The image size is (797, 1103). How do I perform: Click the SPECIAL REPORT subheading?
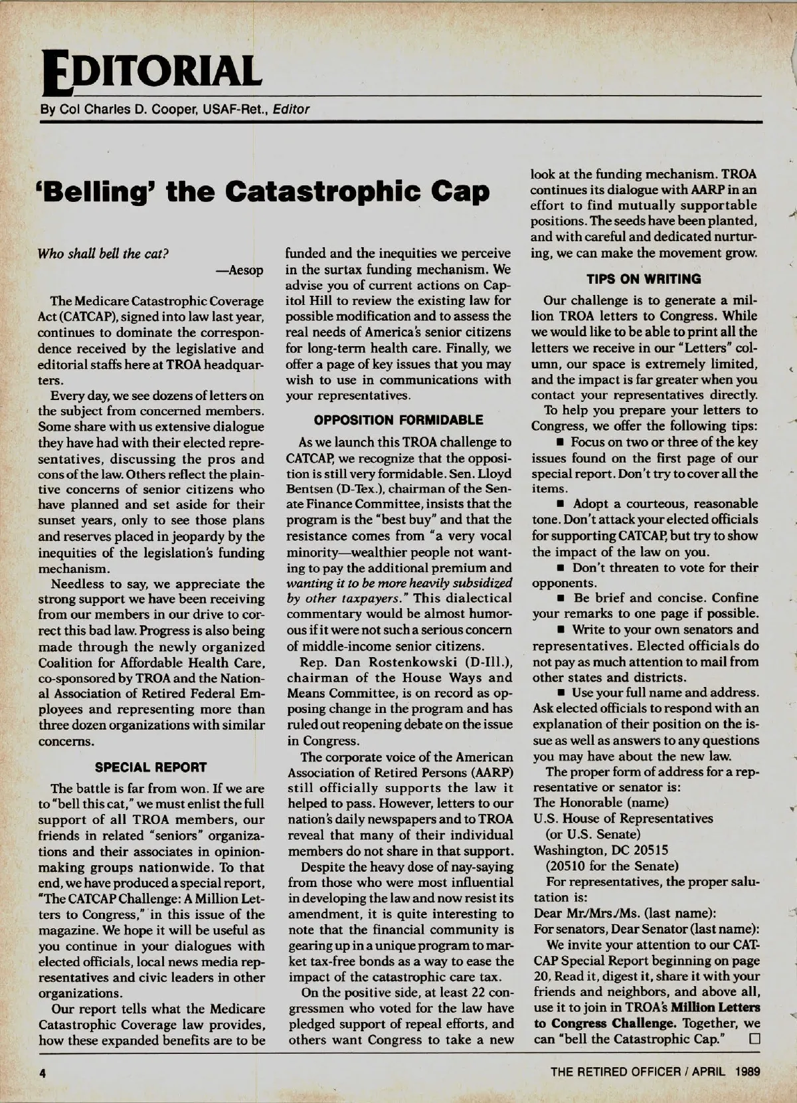click(x=151, y=767)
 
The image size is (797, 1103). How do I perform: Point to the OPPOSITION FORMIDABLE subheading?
click(x=398, y=420)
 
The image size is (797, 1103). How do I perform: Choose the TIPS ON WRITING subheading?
click(x=644, y=279)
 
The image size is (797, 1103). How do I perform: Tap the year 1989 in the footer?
click(x=747, y=1071)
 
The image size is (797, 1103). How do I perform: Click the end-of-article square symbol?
click(x=753, y=1039)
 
